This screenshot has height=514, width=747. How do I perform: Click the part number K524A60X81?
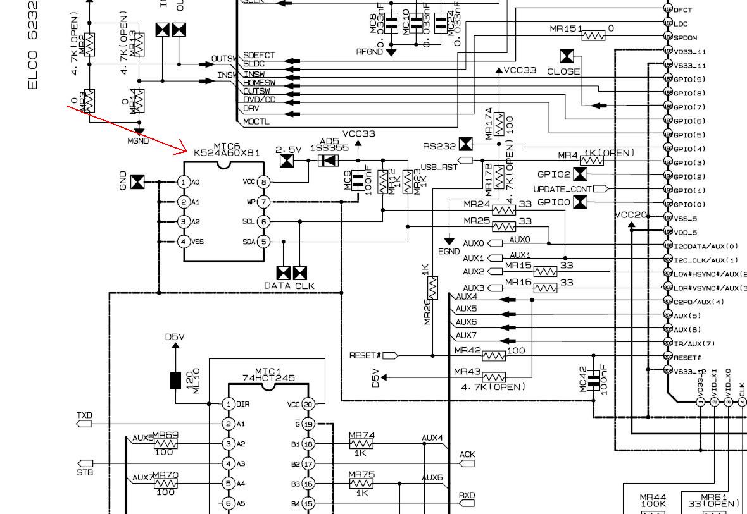click(x=227, y=153)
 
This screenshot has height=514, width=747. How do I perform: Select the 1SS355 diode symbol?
click(x=328, y=161)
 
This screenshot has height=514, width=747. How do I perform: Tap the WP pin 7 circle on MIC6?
click(x=264, y=202)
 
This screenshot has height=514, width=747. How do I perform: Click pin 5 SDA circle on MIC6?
click(x=264, y=242)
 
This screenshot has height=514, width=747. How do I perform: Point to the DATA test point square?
click(x=284, y=273)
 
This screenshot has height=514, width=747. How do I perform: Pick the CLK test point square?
click(x=299, y=273)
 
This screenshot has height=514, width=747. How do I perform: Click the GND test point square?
click(x=137, y=182)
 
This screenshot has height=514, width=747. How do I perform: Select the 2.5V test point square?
click(x=287, y=161)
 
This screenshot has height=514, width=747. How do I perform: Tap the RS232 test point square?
click(x=465, y=145)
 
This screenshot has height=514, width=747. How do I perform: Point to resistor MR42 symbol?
click(x=494, y=356)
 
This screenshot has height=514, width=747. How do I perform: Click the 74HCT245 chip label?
click(x=268, y=378)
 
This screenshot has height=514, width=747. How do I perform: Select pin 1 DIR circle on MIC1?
click(x=229, y=404)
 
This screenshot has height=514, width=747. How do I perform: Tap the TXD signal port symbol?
click(x=84, y=424)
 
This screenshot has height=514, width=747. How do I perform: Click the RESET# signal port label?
click(x=365, y=356)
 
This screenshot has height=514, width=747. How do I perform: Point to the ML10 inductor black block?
click(x=175, y=381)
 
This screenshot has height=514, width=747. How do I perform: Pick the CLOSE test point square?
click(x=567, y=56)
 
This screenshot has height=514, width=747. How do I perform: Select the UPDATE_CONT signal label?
click(x=563, y=189)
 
